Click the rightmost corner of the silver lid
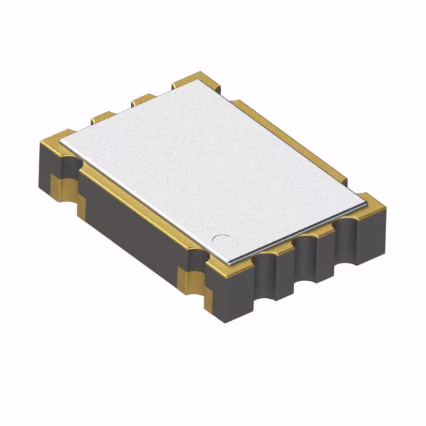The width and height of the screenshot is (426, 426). (368, 196)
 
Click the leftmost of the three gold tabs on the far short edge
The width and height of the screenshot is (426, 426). (103, 117)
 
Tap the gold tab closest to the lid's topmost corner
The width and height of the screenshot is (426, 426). (182, 81)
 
